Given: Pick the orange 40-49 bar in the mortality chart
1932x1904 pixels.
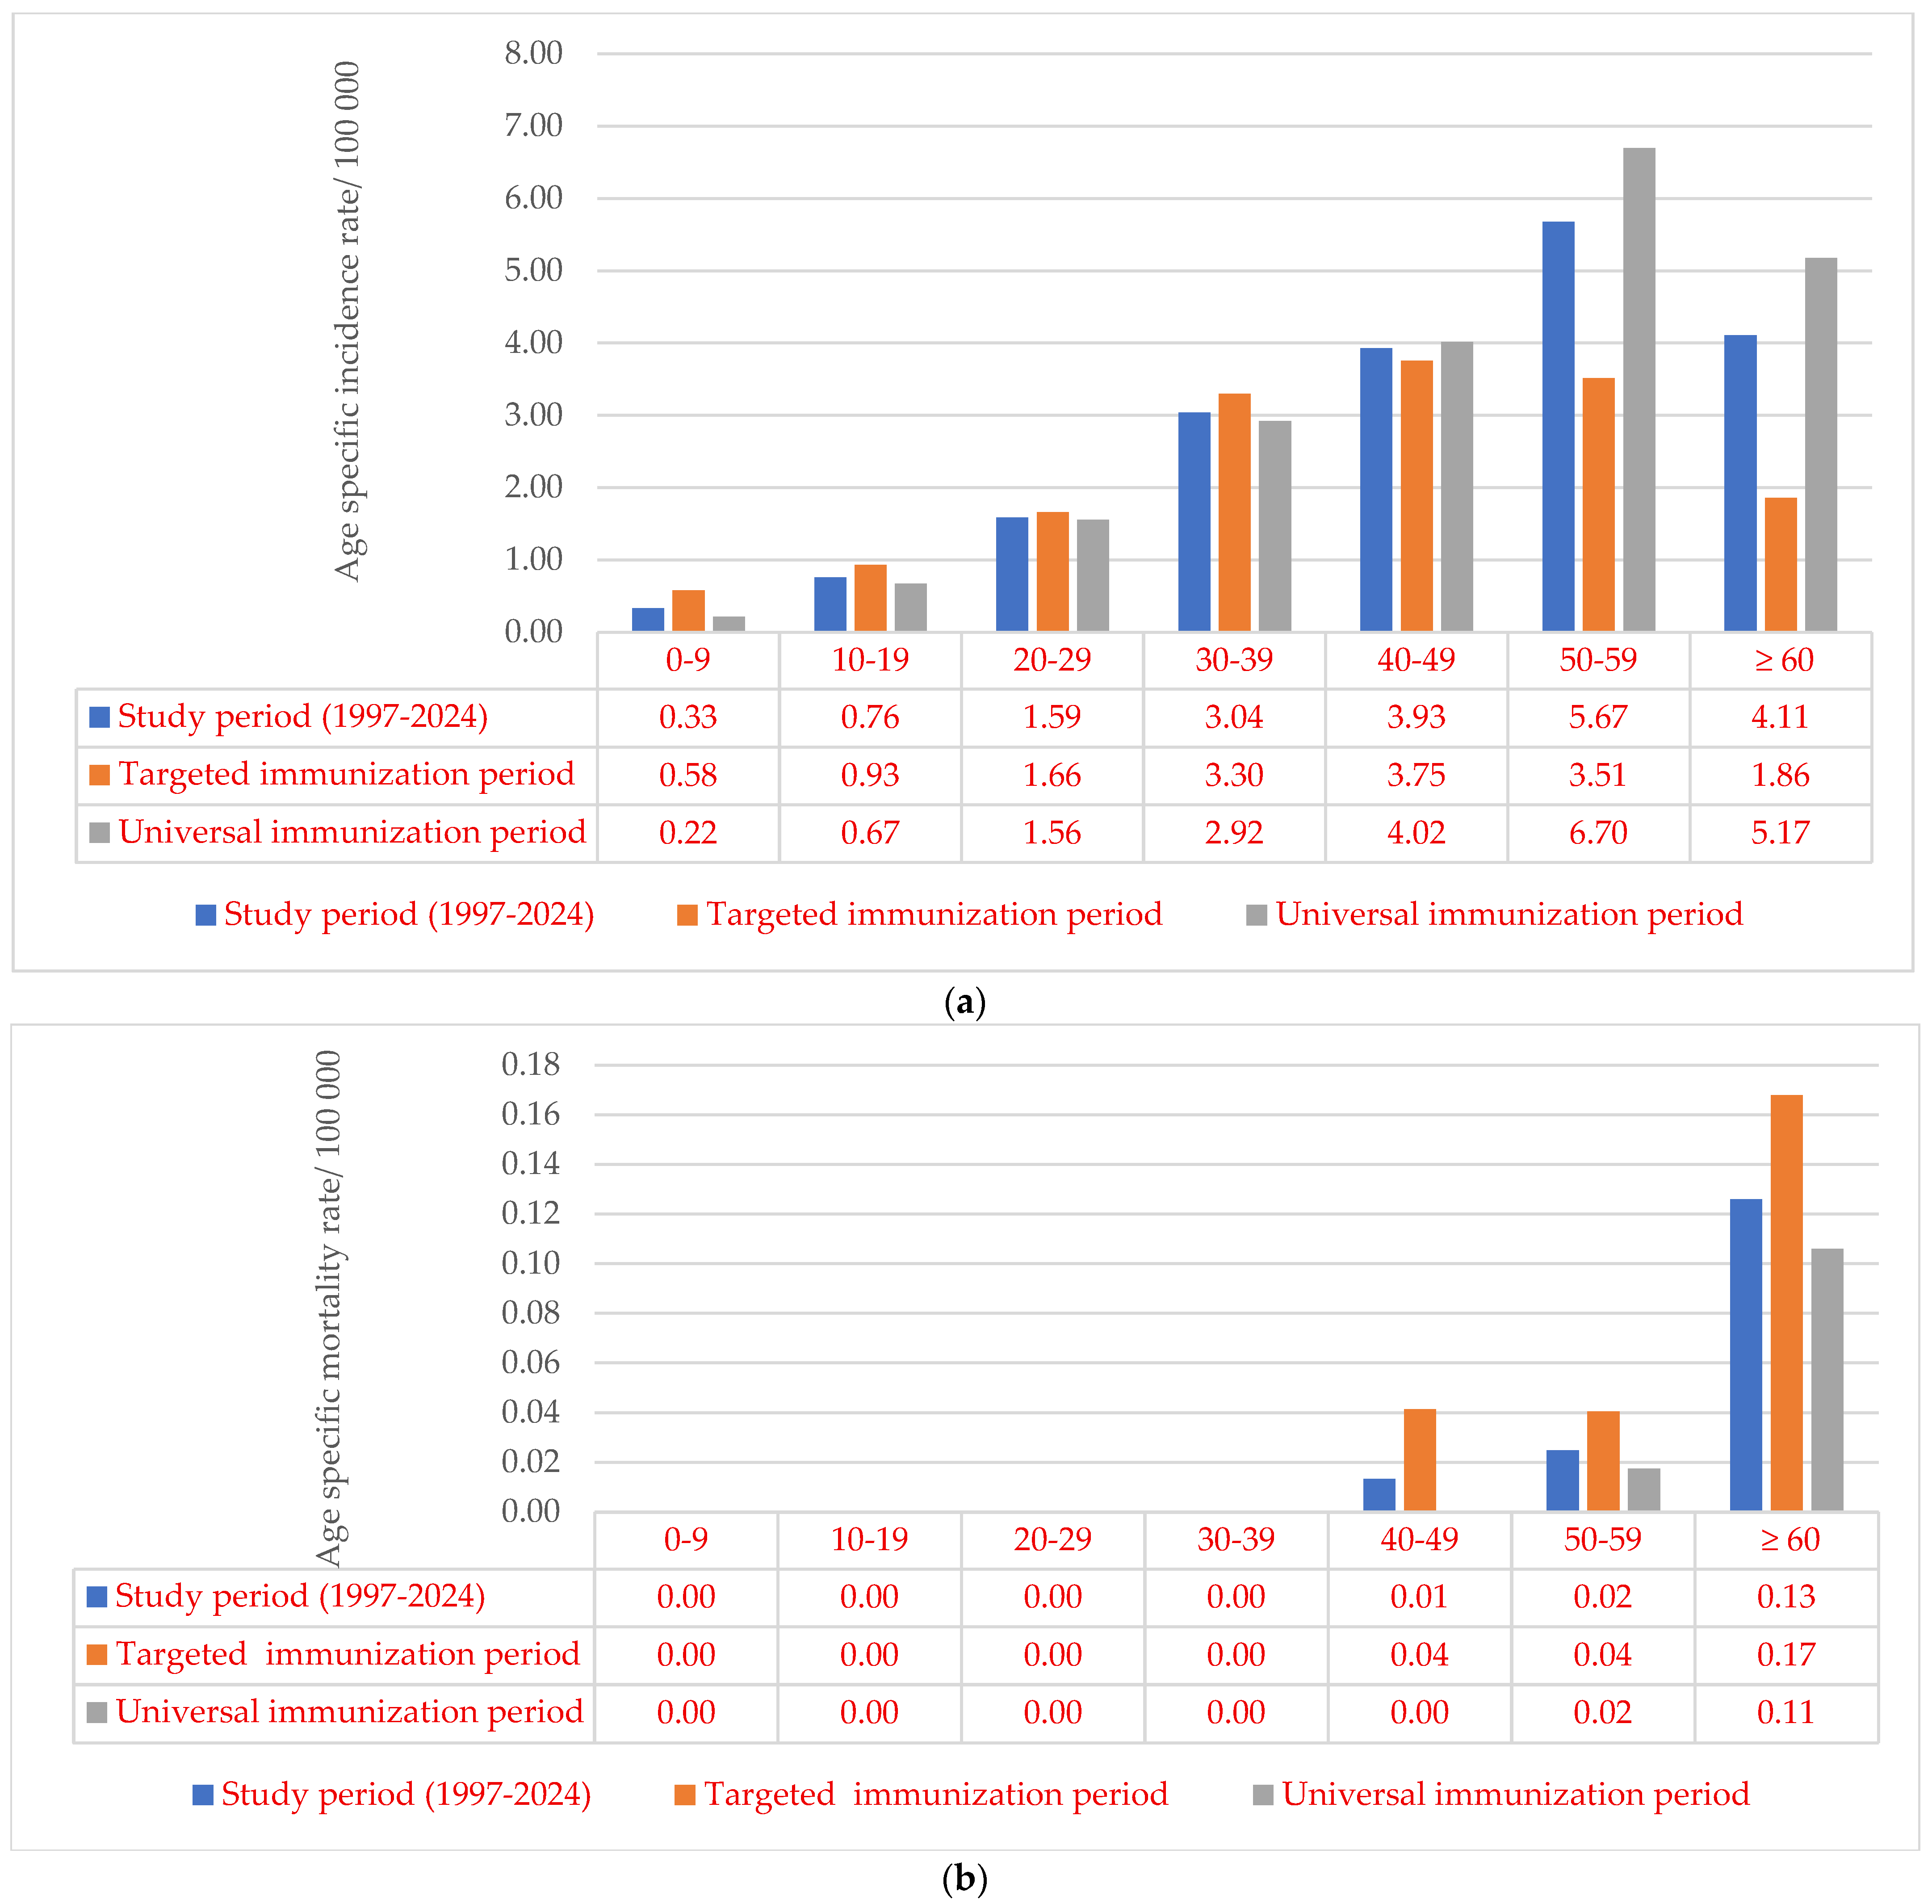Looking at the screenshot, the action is pos(1420,1460).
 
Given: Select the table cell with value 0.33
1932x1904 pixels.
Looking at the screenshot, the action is pos(688,717).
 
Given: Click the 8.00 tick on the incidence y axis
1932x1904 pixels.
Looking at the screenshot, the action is pos(533,53).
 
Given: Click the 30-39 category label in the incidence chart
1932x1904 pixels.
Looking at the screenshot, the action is pos(1234,660).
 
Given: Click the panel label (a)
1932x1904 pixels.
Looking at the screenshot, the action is pos(965,1002).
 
